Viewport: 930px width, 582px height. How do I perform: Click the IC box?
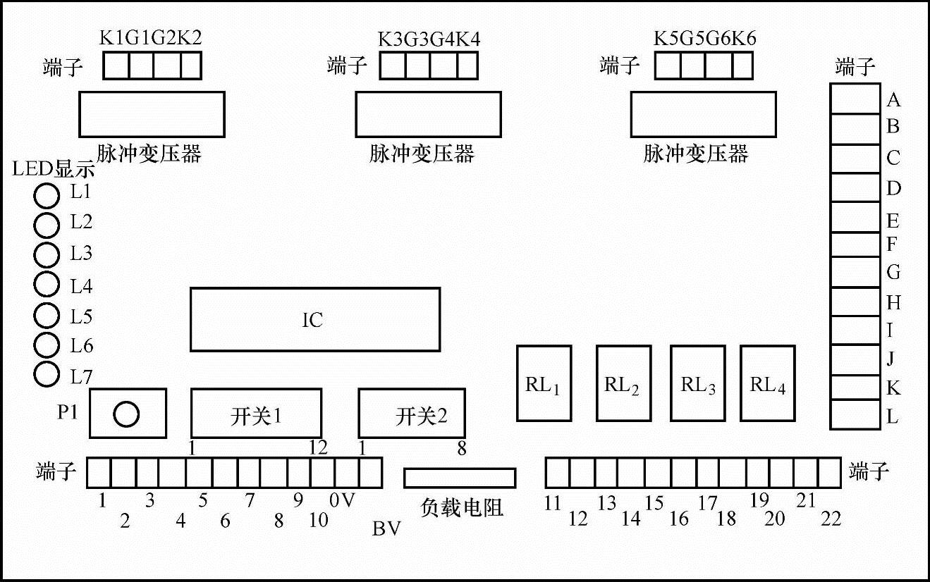pyautogui.click(x=314, y=319)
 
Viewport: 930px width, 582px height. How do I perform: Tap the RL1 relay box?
pyautogui.click(x=544, y=383)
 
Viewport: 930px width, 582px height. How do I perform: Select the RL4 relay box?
pyautogui.click(x=767, y=383)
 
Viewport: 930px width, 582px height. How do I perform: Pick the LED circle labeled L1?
pyautogui.click(x=47, y=195)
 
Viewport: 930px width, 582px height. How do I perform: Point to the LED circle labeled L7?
pyautogui.click(x=47, y=374)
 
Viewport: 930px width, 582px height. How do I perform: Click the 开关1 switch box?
pyautogui.click(x=256, y=413)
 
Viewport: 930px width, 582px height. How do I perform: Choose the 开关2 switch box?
pyautogui.click(x=412, y=413)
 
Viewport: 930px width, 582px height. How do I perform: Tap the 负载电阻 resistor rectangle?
pyautogui.click(x=460, y=478)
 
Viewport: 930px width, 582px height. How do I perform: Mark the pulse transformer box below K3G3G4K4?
pyautogui.click(x=428, y=114)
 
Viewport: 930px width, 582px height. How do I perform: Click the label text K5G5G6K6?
pyautogui.click(x=704, y=38)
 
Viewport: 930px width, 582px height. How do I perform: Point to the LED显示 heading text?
pyautogui.click(x=53, y=169)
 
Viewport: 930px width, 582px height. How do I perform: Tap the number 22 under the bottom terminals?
pyautogui.click(x=831, y=519)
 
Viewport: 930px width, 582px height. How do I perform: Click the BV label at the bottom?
pyautogui.click(x=386, y=529)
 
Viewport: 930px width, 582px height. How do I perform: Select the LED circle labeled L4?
pyautogui.click(x=47, y=284)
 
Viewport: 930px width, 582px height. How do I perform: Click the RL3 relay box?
pyautogui.click(x=697, y=383)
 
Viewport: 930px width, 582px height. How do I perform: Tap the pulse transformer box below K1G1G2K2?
pyautogui.click(x=152, y=114)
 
